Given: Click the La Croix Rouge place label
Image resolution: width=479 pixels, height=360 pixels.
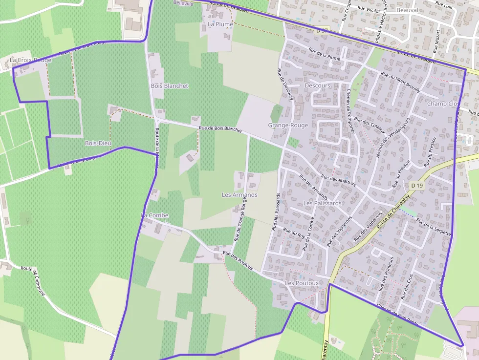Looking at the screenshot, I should tap(30, 60).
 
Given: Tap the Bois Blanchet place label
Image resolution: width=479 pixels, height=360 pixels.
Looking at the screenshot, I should tap(170, 85).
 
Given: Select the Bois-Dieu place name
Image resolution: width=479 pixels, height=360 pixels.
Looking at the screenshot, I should tap(98, 143).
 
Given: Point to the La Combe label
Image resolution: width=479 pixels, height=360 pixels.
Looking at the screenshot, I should tap(154, 215).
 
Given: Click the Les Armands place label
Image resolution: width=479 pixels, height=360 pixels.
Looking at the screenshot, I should tap(239, 195).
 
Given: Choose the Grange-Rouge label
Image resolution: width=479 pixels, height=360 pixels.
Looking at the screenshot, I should tap(288, 125).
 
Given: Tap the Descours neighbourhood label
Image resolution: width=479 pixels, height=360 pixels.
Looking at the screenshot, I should tap(317, 85).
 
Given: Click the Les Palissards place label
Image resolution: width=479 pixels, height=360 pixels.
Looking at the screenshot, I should tap(323, 203).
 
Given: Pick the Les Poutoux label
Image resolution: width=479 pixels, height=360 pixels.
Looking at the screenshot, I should tap(302, 283).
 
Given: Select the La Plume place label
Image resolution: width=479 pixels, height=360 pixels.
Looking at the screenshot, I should tap(220, 24).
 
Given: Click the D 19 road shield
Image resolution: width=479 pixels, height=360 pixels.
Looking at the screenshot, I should tap(417, 186).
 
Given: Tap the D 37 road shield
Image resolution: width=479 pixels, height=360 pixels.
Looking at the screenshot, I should tap(322, 30).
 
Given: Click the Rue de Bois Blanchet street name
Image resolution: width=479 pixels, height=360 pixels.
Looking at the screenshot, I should tap(220, 129).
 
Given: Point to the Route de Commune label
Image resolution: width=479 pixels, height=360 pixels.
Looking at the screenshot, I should tap(33, 282).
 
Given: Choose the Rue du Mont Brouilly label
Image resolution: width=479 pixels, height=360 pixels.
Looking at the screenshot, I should tap(400, 83).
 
